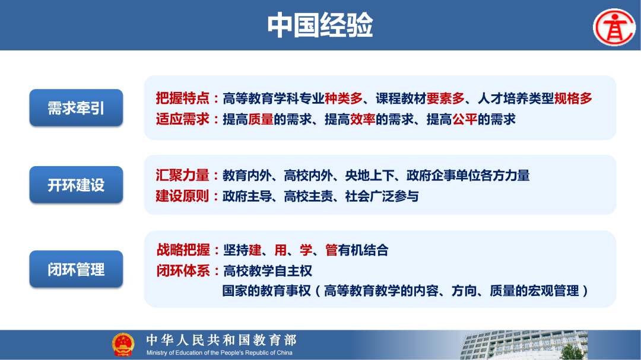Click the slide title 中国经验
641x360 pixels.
tap(320, 26)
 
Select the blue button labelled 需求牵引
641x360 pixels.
tap(76, 108)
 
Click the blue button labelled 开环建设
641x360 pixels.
tap(76, 184)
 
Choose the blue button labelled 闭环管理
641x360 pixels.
tap(76, 270)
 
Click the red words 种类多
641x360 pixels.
tap(343, 98)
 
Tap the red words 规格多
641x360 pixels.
tap(573, 98)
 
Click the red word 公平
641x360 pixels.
tap(465, 119)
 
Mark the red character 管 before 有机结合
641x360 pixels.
tap(331, 250)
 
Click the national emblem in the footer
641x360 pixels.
tap(123, 345)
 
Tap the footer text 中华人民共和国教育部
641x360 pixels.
tap(221, 340)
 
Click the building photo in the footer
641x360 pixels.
tap(522, 345)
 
